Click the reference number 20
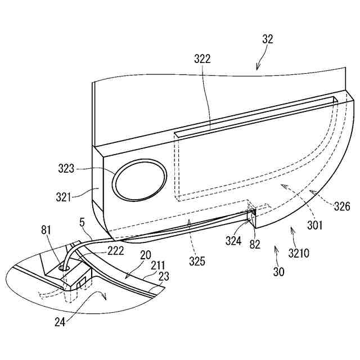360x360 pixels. (145, 255)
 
